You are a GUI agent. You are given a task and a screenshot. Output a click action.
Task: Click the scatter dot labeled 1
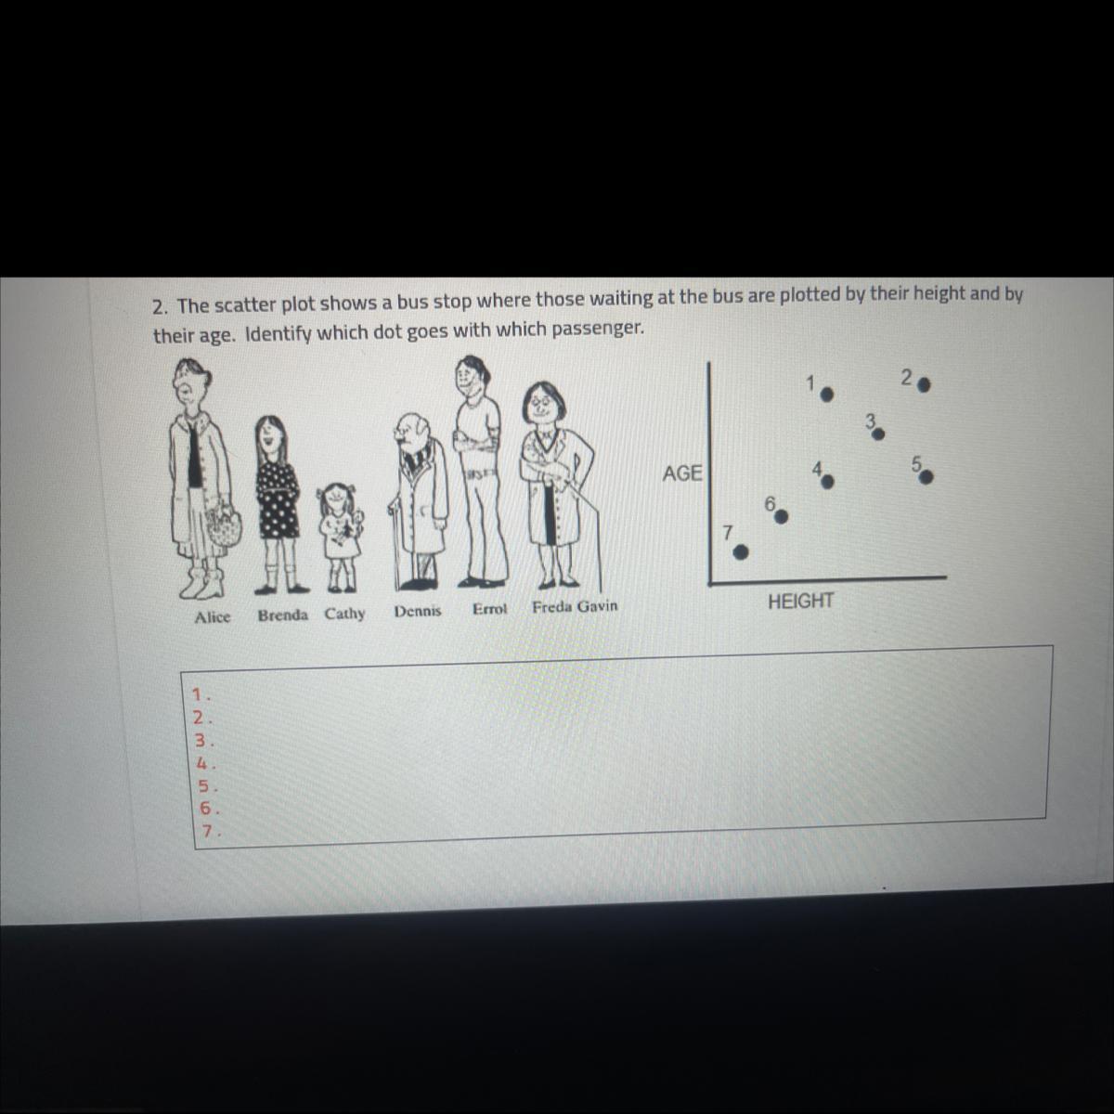[827, 395]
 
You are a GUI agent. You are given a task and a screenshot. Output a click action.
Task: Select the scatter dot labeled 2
[924, 383]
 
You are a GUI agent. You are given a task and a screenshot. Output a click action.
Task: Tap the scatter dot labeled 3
[878, 434]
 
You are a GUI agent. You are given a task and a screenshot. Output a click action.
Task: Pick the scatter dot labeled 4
[827, 482]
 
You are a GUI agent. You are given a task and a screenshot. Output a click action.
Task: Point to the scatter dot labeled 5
[926, 477]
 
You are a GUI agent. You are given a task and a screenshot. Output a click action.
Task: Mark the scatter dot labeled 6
[781, 516]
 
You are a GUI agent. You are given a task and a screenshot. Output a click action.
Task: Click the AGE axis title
[682, 473]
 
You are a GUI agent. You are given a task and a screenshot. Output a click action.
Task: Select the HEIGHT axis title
[800, 602]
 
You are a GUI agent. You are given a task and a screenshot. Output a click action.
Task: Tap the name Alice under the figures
[213, 617]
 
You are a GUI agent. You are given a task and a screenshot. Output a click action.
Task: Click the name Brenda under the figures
[283, 615]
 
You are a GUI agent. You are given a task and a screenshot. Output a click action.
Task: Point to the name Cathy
[344, 614]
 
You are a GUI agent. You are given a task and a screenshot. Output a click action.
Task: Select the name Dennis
[418, 611]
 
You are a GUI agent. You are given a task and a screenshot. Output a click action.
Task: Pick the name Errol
[489, 609]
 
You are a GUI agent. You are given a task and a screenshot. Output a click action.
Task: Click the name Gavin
[597, 606]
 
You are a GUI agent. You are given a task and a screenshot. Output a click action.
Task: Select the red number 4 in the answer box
[201, 764]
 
